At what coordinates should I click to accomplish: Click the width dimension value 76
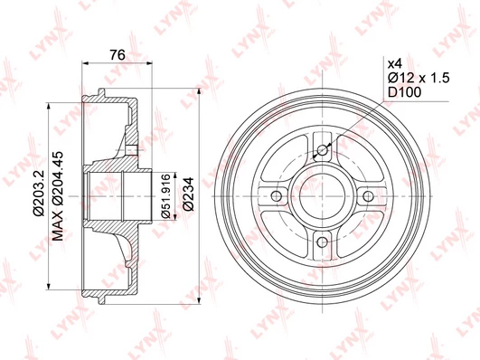click(118, 55)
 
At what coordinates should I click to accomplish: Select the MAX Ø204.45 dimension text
click(58, 195)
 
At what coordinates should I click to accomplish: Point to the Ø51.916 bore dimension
click(166, 195)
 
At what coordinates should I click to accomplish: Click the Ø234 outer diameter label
click(189, 194)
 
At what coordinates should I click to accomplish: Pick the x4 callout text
click(395, 64)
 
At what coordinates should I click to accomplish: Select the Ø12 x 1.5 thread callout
click(419, 78)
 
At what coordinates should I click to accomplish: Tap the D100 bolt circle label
click(405, 92)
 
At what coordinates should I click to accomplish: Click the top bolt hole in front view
click(322, 150)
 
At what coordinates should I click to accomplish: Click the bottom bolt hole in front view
click(322, 242)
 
